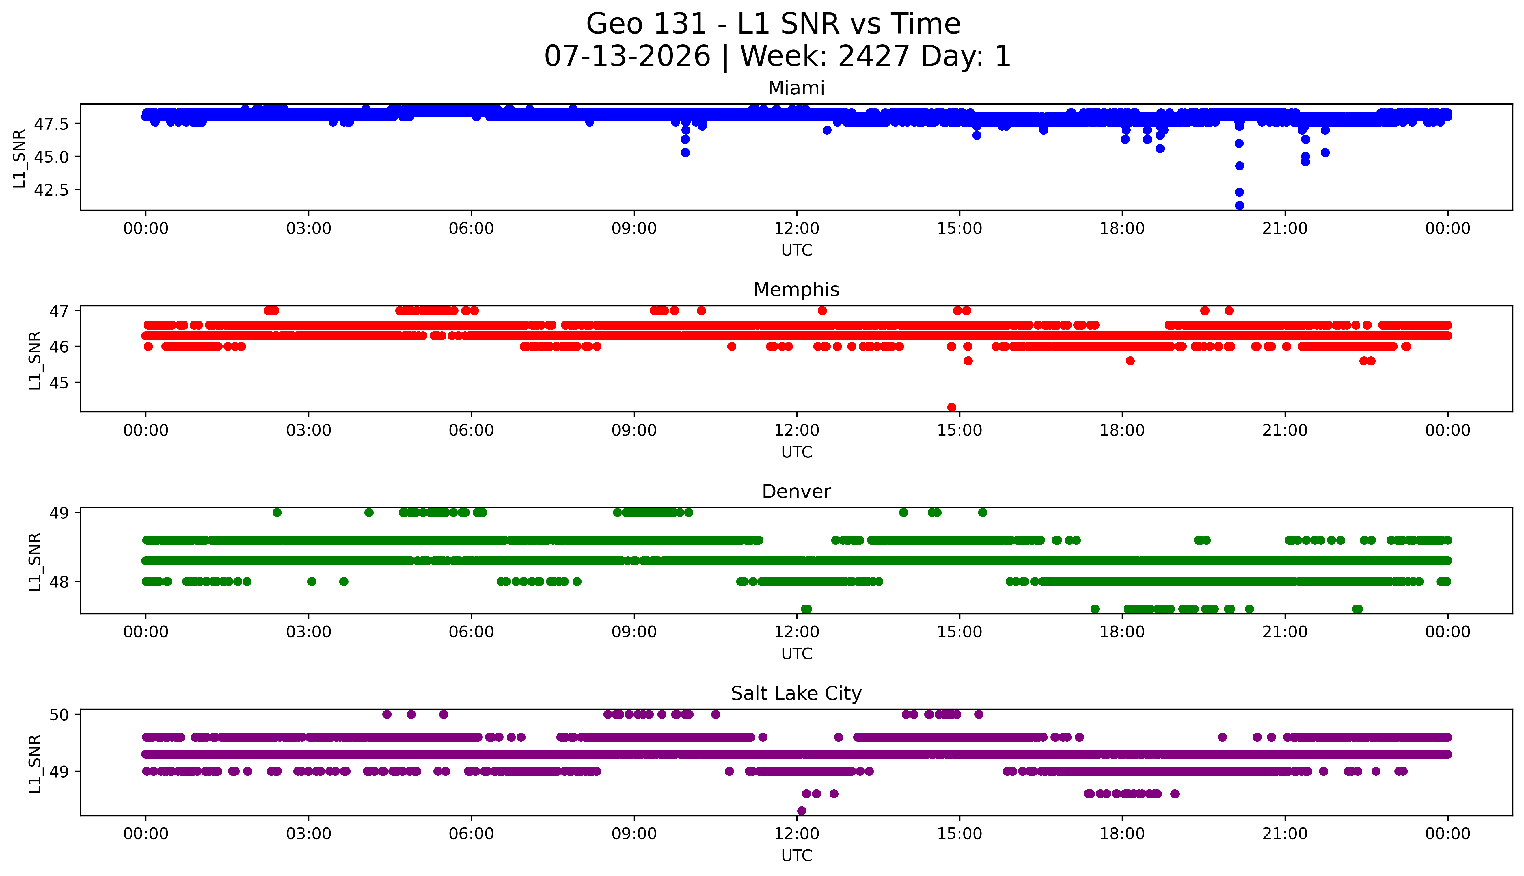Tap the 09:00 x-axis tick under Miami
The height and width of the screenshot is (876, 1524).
(x=634, y=229)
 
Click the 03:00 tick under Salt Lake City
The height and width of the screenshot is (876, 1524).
(x=309, y=834)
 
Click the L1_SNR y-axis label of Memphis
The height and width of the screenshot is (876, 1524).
(x=35, y=360)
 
